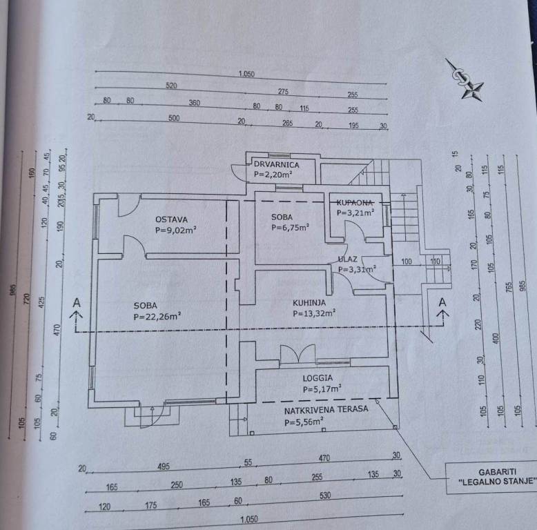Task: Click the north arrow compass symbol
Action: (463, 79)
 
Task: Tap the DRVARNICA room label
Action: (275, 165)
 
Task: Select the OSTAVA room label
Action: (172, 219)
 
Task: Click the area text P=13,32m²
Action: (314, 313)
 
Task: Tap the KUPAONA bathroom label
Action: (355, 202)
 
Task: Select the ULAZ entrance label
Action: (347, 259)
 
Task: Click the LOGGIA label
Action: (318, 377)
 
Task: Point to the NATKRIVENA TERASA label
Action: (326, 409)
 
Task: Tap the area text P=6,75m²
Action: (290, 227)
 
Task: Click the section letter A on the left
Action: (77, 302)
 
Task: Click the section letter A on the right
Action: (442, 302)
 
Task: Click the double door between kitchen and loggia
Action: (297, 354)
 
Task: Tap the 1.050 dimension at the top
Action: (246, 75)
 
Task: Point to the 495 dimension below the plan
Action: (164, 467)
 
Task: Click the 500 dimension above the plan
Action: (173, 118)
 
